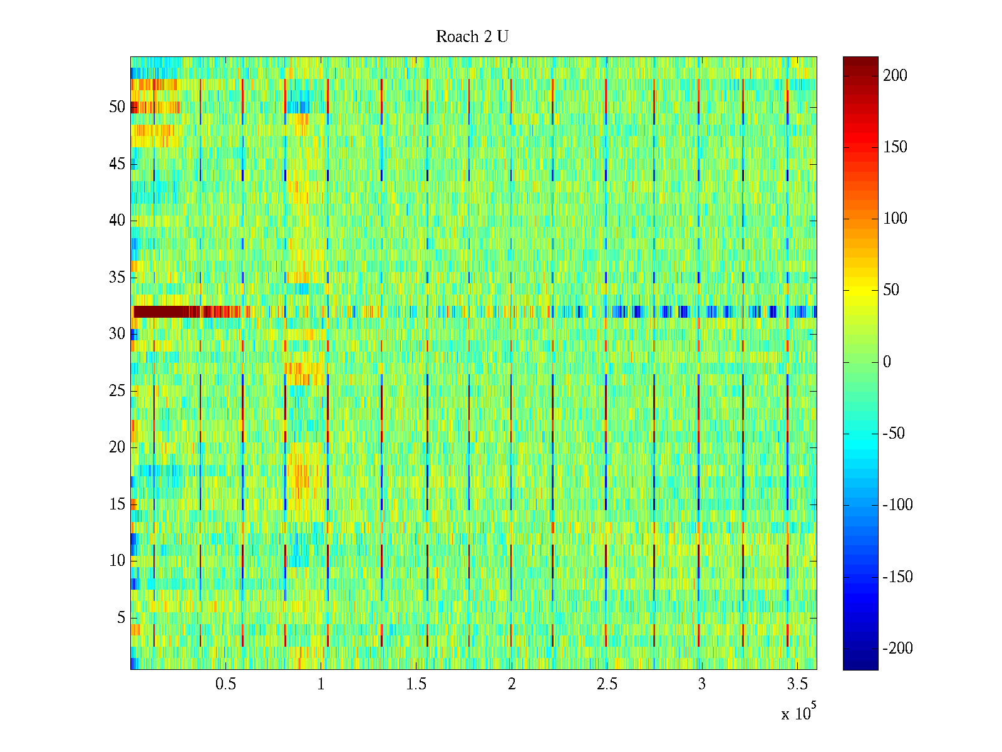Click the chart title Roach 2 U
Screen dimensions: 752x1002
[x=472, y=37]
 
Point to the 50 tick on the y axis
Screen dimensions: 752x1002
[x=117, y=107]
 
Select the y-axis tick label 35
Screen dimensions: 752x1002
[x=117, y=278]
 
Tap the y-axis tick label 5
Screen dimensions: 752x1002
[x=121, y=618]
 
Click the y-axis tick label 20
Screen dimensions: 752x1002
[x=117, y=447]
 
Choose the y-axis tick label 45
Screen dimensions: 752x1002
[x=117, y=164]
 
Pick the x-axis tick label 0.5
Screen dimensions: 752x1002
[x=225, y=684]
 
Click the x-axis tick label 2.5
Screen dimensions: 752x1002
[x=607, y=684]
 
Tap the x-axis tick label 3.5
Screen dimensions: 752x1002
[x=797, y=684]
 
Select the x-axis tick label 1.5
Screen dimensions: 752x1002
[x=416, y=684]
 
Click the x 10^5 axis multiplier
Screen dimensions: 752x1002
[x=798, y=713]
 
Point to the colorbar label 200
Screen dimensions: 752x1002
[x=895, y=76]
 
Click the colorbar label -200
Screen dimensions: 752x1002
[x=897, y=649]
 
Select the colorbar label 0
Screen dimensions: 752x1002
[x=887, y=362]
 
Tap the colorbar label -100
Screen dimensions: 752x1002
[x=897, y=505]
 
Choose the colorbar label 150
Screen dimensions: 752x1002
[x=895, y=147]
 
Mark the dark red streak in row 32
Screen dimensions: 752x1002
[x=166, y=311]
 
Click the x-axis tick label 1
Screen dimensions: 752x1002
[x=321, y=684]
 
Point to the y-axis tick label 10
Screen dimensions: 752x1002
[x=117, y=561]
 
